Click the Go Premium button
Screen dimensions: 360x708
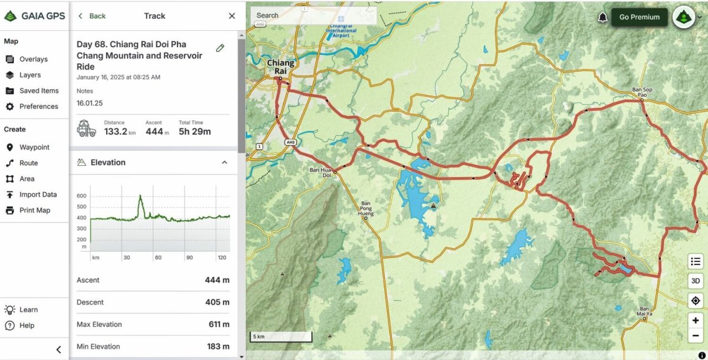click(639, 17)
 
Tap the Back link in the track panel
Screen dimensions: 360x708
click(92, 16)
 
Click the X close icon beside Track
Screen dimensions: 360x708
click(232, 16)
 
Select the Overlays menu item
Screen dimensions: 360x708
click(33, 59)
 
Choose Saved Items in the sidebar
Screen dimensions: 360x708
click(38, 91)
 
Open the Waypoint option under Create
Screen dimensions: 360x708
click(34, 148)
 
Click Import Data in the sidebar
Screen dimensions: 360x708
click(38, 195)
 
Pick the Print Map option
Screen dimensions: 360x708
click(35, 211)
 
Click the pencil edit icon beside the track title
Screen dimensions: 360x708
click(220, 48)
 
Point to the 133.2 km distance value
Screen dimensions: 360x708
click(116, 132)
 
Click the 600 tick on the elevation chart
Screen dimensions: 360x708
click(81, 196)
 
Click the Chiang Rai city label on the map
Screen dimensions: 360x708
click(280, 67)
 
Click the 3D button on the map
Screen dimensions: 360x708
click(696, 281)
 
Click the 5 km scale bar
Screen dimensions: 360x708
click(281, 337)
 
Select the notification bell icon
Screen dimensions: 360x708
click(602, 17)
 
